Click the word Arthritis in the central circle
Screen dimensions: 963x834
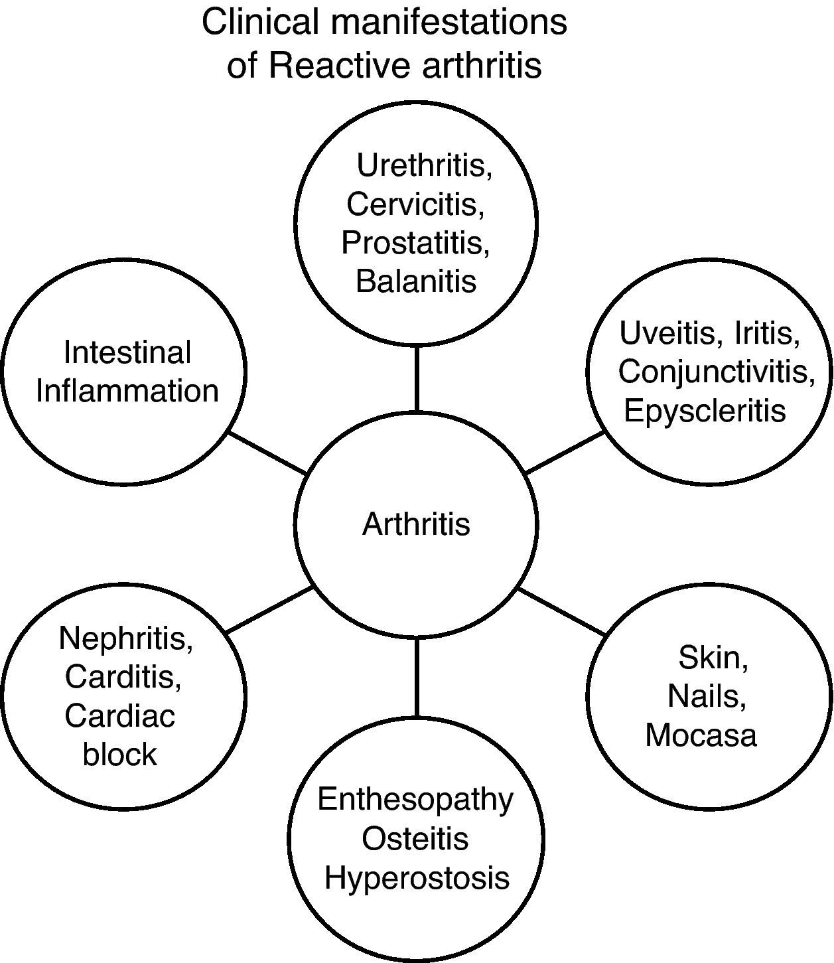416,524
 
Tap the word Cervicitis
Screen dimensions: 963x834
415,204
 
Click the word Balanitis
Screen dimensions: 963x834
416,281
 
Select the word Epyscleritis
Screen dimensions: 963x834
705,411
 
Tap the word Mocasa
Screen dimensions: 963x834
701,735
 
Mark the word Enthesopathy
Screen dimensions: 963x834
415,800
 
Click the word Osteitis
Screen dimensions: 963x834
415,838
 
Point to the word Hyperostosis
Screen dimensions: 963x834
417,877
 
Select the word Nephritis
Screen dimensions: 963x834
125,638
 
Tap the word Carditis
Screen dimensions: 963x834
123,677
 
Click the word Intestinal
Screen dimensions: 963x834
127,352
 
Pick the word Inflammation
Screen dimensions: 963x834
127,391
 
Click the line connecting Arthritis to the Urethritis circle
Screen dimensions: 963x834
416,378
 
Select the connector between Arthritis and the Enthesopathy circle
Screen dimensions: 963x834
416,677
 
